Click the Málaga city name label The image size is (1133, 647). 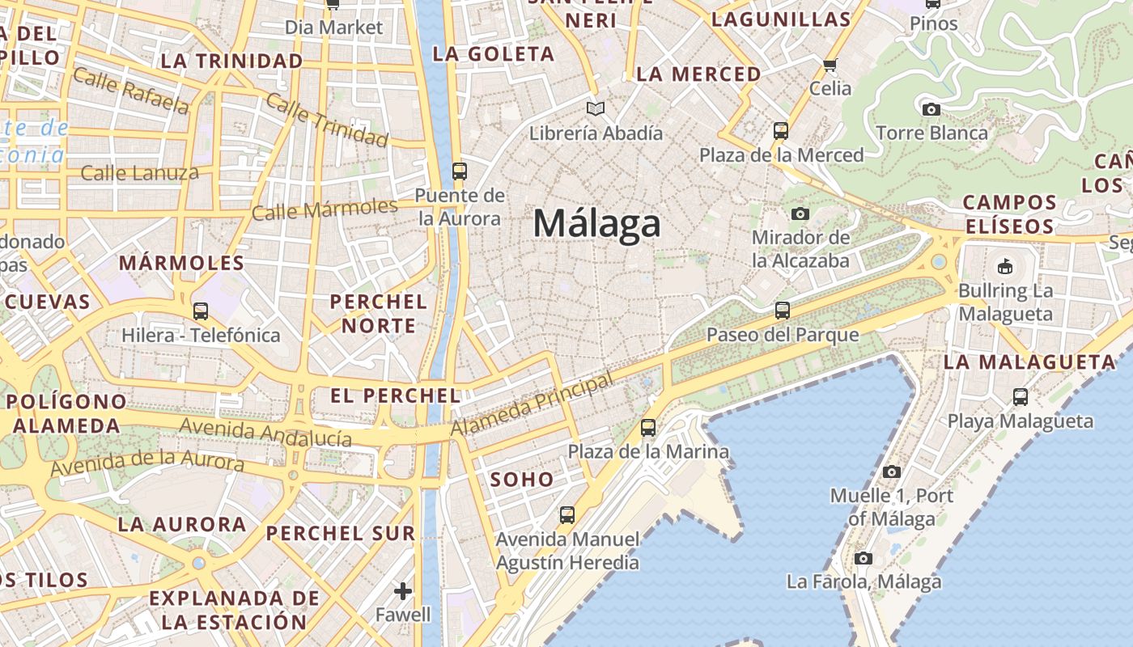[x=596, y=223]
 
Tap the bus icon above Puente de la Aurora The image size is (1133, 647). [x=459, y=171]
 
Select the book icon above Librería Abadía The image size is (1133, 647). [x=596, y=108]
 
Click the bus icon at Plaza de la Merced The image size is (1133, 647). [x=781, y=130]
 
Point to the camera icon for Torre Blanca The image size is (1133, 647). [x=931, y=109]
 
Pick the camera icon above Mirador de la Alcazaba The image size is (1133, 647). [x=800, y=214]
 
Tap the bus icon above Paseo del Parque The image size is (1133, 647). [x=782, y=310]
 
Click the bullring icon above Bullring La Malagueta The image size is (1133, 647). [x=1005, y=266]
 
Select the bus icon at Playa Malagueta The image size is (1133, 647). [x=1021, y=396]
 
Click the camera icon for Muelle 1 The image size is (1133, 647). [x=892, y=472]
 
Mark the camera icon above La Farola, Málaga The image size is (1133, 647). [x=864, y=558]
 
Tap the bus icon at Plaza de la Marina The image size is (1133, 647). [x=648, y=428]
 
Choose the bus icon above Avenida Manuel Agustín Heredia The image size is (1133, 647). [x=567, y=514]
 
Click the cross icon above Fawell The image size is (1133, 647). [x=403, y=591]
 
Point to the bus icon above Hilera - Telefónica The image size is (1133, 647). [x=201, y=311]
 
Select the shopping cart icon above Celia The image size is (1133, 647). [x=830, y=65]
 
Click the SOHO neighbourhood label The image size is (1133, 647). [x=522, y=480]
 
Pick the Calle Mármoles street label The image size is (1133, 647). [x=325, y=209]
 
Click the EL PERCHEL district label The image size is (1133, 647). [x=396, y=395]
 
